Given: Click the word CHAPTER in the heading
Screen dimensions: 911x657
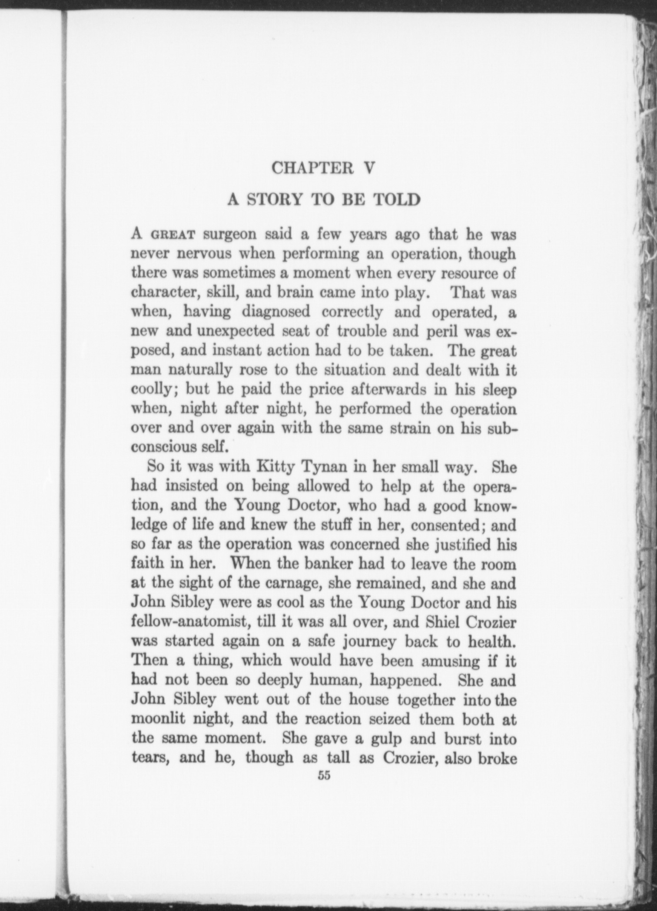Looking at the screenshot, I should click(x=312, y=168).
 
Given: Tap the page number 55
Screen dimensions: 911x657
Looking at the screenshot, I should click(x=324, y=776).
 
